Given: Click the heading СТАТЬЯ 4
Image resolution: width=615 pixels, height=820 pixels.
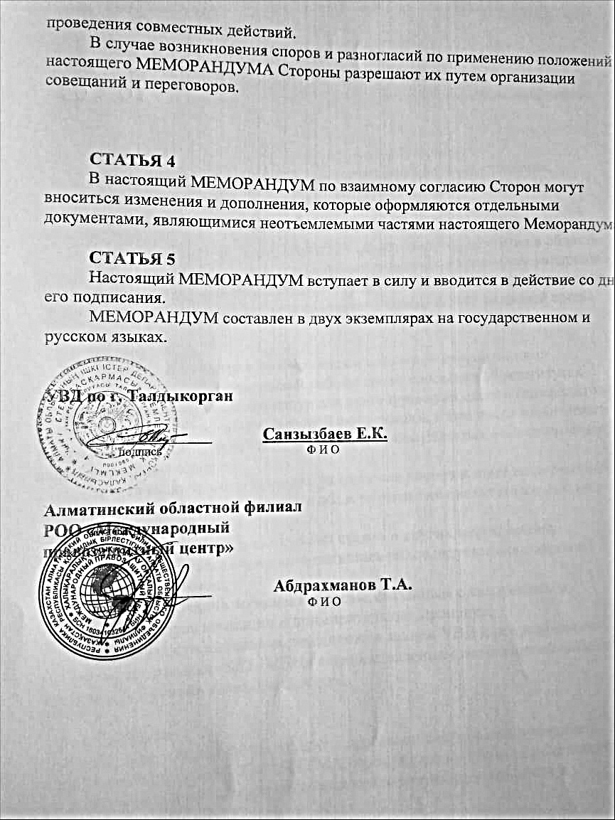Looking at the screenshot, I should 131,159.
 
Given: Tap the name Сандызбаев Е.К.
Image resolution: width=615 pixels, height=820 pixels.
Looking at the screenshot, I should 325,434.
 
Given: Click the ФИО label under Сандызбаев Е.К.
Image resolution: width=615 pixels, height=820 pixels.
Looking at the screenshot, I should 323,450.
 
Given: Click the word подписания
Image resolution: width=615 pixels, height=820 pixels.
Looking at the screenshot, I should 124,297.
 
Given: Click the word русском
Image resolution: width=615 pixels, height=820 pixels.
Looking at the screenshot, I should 77,335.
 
